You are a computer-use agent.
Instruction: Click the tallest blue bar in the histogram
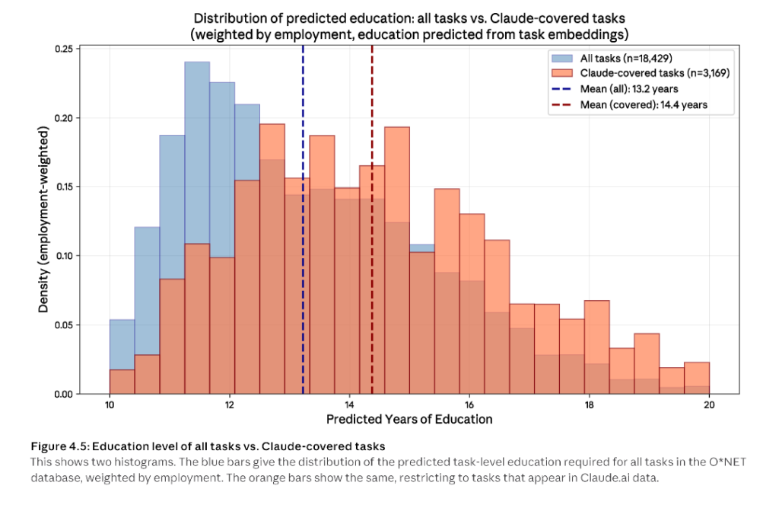[197, 152]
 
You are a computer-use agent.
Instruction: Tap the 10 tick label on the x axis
[109, 405]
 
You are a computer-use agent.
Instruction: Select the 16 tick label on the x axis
[469, 405]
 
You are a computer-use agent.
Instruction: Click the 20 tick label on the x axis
[708, 405]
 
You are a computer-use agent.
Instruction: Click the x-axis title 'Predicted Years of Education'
[409, 420]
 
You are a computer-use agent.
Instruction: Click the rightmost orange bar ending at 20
[696, 378]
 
